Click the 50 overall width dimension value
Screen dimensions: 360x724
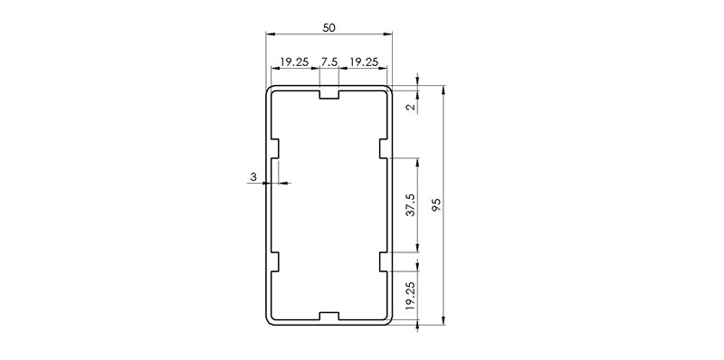point(329,28)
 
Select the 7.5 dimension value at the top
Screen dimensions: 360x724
point(329,62)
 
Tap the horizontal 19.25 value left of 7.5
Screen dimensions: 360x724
point(294,62)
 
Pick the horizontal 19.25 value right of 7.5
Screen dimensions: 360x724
point(364,62)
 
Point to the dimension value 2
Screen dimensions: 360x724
point(411,108)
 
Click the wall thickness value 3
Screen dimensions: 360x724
point(253,177)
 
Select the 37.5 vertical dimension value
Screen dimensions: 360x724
point(411,205)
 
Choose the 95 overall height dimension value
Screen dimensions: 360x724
point(437,205)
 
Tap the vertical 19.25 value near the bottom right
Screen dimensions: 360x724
point(411,296)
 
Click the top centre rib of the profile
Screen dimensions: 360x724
point(329,94)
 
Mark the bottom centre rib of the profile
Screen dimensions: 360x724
point(329,317)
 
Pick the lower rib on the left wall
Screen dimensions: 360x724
point(274,262)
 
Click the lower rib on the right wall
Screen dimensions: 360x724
point(384,262)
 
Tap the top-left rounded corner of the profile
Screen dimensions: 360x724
point(269,90)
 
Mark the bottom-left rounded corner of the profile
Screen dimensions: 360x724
point(269,320)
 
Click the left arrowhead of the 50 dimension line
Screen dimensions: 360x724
point(270,34)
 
